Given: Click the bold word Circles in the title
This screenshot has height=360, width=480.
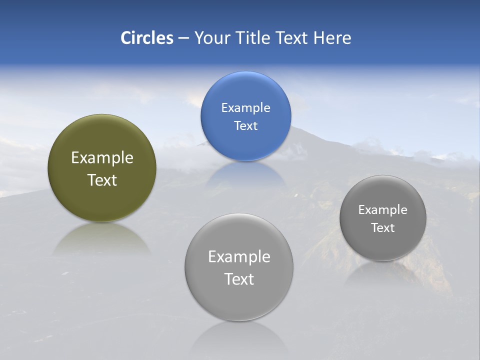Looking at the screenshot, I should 147,38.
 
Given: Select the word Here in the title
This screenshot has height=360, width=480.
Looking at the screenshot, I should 332,38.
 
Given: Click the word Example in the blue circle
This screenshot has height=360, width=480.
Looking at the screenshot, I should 245,108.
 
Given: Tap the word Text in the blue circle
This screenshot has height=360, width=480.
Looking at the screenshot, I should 245,126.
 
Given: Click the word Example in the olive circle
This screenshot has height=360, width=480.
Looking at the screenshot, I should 102,158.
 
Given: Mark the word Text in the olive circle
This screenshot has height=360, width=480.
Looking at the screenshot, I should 102,180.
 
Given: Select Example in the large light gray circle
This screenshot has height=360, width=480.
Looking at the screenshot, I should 239,257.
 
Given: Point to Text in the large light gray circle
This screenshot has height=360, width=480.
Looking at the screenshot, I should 239,279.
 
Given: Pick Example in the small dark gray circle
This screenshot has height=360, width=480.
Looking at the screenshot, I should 383,210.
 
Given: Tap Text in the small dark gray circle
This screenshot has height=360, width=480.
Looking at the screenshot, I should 383,228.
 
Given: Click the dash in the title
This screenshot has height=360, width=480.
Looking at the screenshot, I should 183,38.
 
